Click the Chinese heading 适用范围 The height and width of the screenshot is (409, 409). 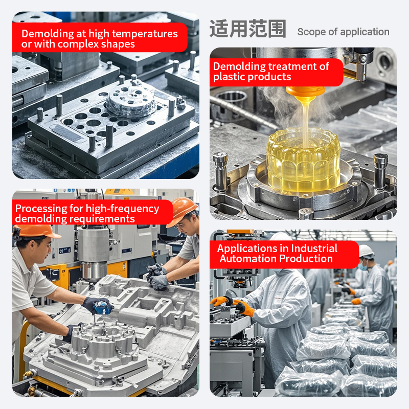248,29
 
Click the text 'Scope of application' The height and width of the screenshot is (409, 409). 343,32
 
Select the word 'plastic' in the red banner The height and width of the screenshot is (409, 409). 229,77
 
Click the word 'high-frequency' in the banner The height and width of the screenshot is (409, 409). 122,209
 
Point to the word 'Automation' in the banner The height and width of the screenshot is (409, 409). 248,259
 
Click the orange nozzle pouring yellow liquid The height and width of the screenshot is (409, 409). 305,92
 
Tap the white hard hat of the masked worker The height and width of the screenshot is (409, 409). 366,252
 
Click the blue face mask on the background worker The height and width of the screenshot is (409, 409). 362,266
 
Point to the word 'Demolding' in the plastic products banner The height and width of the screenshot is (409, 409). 236,66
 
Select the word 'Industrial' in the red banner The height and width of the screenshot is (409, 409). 314,248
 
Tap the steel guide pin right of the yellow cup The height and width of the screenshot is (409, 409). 380,170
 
